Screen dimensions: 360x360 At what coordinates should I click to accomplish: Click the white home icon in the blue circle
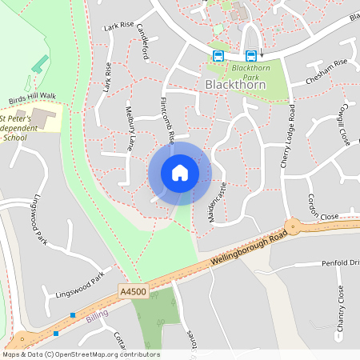179,173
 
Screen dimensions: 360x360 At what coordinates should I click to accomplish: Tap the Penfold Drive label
341,262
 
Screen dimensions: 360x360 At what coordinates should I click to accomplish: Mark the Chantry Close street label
340,310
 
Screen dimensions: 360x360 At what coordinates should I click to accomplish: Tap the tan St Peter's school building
45,119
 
